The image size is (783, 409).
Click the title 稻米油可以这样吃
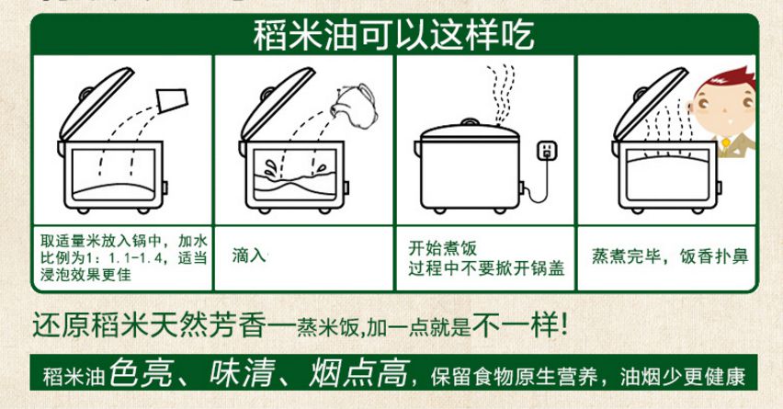click(393, 35)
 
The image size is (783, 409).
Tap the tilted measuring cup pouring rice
click(172, 100)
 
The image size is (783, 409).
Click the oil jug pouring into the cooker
click(355, 106)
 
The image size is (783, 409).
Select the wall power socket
click(547, 151)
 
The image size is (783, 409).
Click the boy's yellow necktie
click(725, 143)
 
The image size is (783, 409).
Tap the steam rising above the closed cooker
click(500, 94)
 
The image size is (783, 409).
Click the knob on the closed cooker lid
click(470, 122)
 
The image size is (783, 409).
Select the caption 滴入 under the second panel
click(249, 256)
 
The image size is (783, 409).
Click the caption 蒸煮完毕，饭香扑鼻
click(670, 256)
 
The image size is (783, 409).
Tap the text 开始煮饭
click(442, 248)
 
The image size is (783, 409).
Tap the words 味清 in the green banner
click(243, 373)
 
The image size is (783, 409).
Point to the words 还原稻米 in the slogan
click(90, 325)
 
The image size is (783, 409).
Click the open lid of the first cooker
click(96, 103)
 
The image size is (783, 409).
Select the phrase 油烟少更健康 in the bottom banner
click(682, 377)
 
